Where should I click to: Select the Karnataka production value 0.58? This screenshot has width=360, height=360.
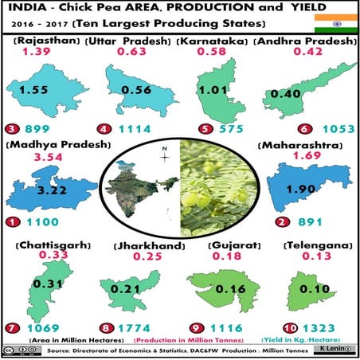click(216, 53)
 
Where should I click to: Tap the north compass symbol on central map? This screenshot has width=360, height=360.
click(164, 155)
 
